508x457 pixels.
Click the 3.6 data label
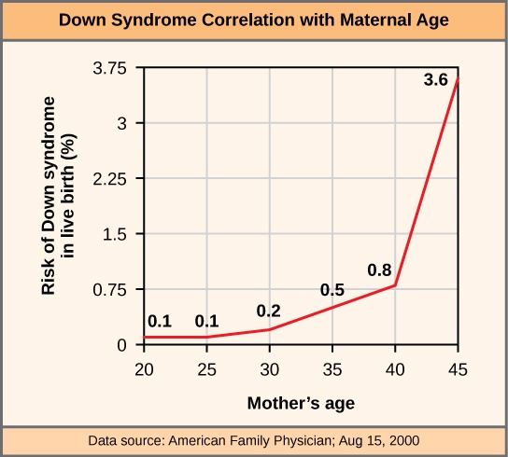coord(435,81)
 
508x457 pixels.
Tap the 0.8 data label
coord(379,271)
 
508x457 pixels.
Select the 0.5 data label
coord(332,291)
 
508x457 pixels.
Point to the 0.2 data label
coord(270,311)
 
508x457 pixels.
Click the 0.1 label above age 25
coord(206,322)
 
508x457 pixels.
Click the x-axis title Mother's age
coord(301,404)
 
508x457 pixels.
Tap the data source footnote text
coord(254,439)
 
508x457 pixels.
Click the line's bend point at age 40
coord(396,285)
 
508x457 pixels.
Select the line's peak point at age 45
coord(459,78)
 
